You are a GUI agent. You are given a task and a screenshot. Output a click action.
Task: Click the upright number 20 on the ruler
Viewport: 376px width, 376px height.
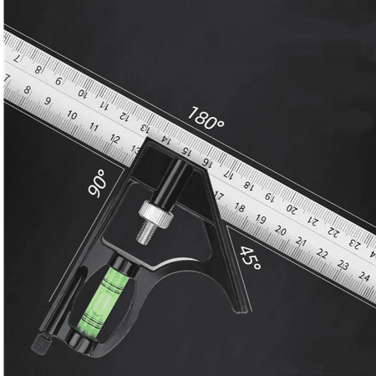[x=281, y=231]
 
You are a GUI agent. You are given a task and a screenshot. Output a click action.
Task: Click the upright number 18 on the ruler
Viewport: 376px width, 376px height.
[x=240, y=208]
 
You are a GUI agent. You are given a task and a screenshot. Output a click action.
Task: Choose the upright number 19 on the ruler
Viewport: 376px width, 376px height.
[x=260, y=220]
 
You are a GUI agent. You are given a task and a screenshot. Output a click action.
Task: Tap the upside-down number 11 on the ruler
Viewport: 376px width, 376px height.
[x=102, y=107]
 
